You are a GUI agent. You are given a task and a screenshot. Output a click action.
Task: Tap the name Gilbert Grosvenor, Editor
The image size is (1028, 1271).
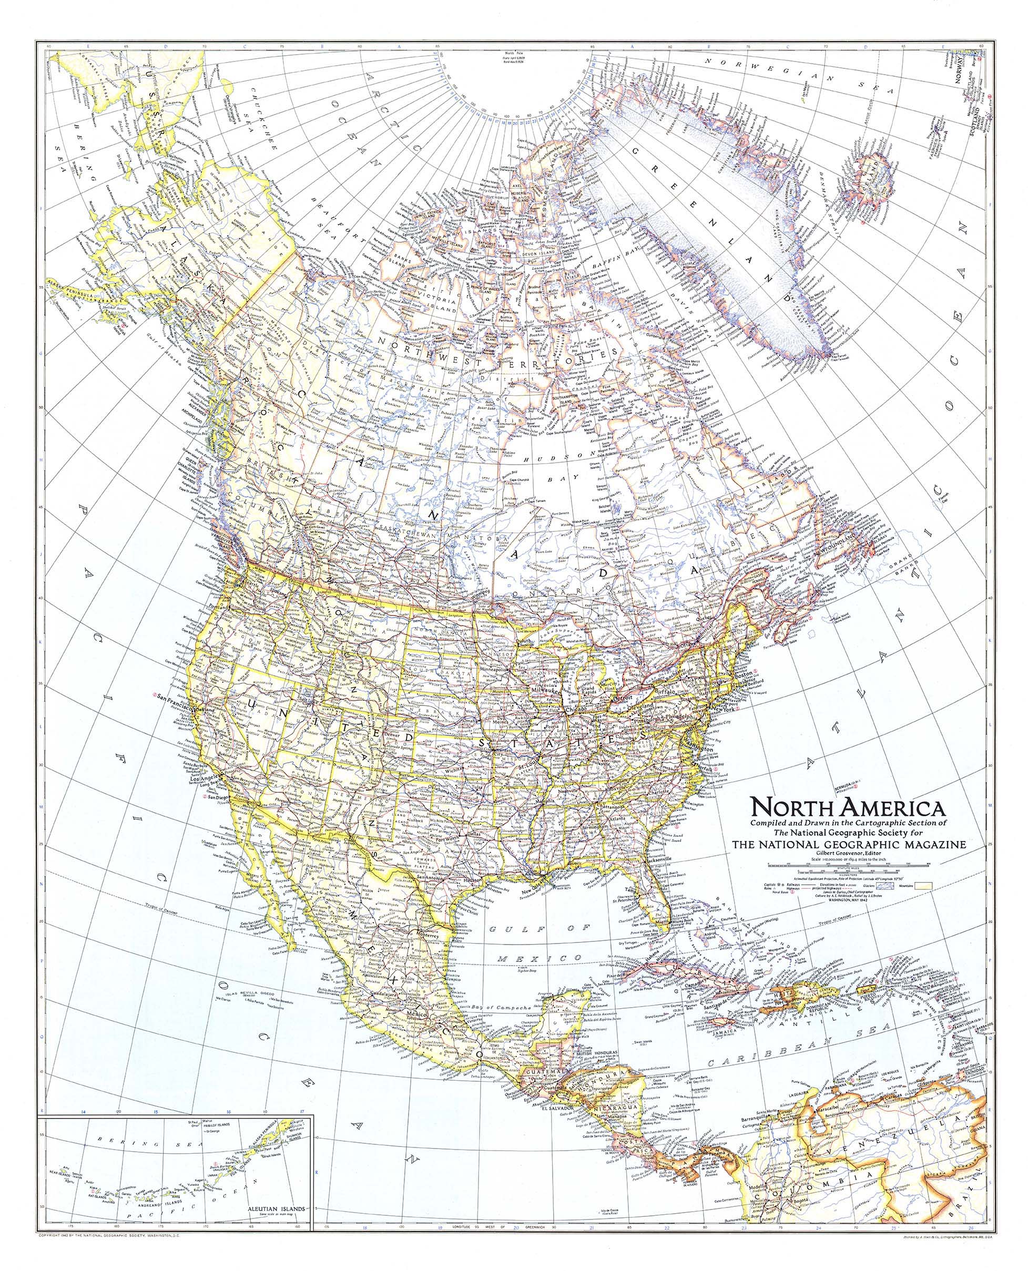849,854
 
